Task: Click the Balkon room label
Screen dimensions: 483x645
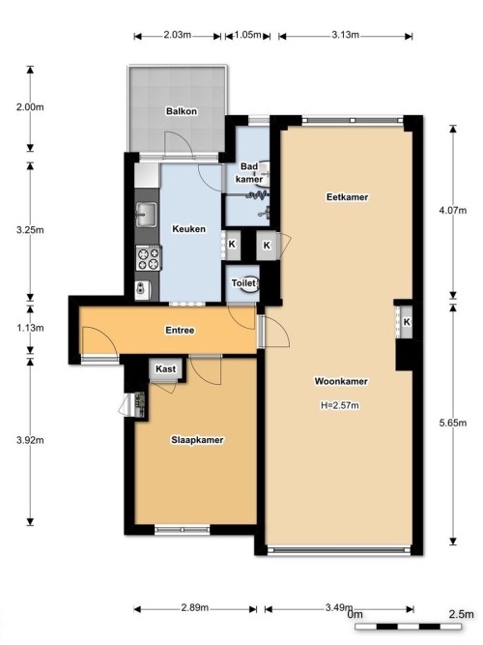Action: point(182,111)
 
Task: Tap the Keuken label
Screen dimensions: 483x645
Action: point(188,229)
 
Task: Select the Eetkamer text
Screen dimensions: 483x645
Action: point(348,197)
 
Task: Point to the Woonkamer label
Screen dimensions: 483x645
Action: point(341,381)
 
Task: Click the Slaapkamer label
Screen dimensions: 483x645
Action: point(197,440)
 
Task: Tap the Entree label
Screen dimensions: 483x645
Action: point(180,331)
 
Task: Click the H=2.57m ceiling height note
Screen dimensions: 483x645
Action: point(340,405)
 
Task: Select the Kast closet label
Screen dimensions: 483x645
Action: point(165,369)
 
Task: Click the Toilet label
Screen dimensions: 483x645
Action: point(243,283)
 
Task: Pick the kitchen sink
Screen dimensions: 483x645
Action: point(146,215)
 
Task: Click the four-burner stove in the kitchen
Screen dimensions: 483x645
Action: point(149,258)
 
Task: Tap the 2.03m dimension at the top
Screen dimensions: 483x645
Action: point(177,35)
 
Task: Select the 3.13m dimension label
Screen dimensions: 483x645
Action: point(345,35)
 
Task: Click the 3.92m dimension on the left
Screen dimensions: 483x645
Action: point(30,440)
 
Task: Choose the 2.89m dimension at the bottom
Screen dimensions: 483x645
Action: point(195,607)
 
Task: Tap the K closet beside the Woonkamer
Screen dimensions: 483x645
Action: point(407,322)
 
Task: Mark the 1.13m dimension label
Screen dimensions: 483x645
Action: point(30,328)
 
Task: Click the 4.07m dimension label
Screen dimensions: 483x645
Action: point(453,211)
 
